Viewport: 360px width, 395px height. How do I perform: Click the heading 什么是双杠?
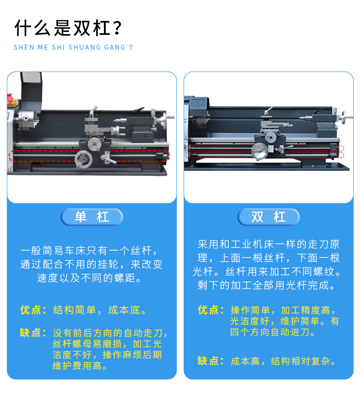(x=68, y=28)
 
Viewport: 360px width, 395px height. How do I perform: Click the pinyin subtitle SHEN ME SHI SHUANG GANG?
(x=70, y=47)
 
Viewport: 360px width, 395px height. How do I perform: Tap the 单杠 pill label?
(x=92, y=217)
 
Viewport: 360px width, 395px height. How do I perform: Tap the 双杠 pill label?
(x=268, y=217)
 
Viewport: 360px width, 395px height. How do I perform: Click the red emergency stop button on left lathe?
(x=10, y=98)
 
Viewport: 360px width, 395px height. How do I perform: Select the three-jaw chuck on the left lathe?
(x=26, y=120)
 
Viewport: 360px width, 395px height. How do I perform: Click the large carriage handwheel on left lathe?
(x=83, y=159)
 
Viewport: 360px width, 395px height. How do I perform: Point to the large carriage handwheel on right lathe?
(x=260, y=151)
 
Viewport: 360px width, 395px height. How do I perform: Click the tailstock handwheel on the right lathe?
(x=345, y=117)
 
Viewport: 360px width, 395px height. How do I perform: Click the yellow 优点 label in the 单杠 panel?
(x=33, y=310)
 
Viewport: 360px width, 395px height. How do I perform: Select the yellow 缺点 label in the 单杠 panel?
(x=33, y=333)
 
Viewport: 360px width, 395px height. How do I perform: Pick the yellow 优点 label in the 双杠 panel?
(x=211, y=310)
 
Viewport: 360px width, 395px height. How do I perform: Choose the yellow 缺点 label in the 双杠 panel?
(x=211, y=361)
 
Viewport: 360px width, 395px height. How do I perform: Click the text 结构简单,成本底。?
(x=99, y=310)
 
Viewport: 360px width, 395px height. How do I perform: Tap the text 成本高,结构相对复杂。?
(x=283, y=361)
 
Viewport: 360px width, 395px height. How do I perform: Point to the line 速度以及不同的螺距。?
(x=89, y=278)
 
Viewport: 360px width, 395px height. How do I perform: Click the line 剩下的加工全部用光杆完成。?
(x=267, y=285)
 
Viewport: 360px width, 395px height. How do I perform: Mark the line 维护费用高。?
(x=80, y=366)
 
